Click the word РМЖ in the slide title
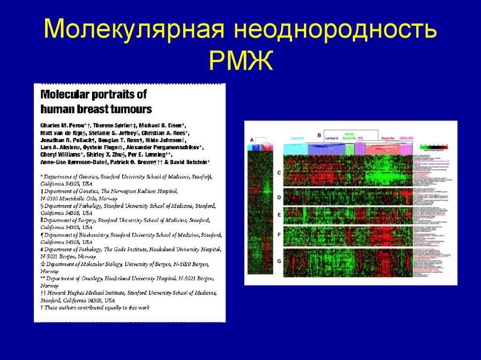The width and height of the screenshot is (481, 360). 241,61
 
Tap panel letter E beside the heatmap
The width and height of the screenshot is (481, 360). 279,214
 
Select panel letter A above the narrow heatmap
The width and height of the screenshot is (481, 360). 251,140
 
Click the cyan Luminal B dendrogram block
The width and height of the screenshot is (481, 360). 296,149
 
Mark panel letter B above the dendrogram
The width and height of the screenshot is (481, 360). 319,135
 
